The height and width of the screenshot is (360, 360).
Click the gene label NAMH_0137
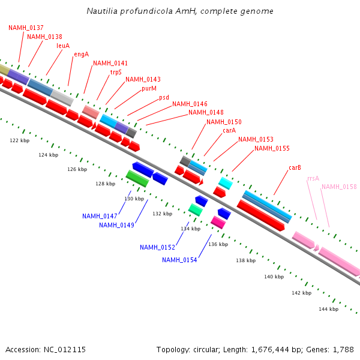(26, 28)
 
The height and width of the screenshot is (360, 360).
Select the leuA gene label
(63, 46)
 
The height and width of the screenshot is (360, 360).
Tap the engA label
(81, 54)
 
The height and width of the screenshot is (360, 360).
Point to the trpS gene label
(116, 72)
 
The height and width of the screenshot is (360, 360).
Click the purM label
(149, 88)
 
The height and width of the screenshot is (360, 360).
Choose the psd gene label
(164, 97)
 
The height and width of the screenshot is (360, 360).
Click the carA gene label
(229, 130)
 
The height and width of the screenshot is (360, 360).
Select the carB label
(295, 167)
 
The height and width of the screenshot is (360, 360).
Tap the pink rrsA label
(313, 178)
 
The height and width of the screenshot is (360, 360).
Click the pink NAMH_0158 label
(338, 187)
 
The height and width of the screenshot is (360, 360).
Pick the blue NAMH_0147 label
(100, 216)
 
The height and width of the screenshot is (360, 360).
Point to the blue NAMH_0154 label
(179, 260)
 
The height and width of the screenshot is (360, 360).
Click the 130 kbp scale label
(134, 199)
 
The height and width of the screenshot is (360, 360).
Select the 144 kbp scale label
(328, 309)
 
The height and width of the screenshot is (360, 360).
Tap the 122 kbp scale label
(20, 140)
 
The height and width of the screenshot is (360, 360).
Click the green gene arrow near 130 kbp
(137, 178)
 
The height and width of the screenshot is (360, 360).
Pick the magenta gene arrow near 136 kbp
(218, 222)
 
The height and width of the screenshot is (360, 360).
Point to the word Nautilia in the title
(103, 11)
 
